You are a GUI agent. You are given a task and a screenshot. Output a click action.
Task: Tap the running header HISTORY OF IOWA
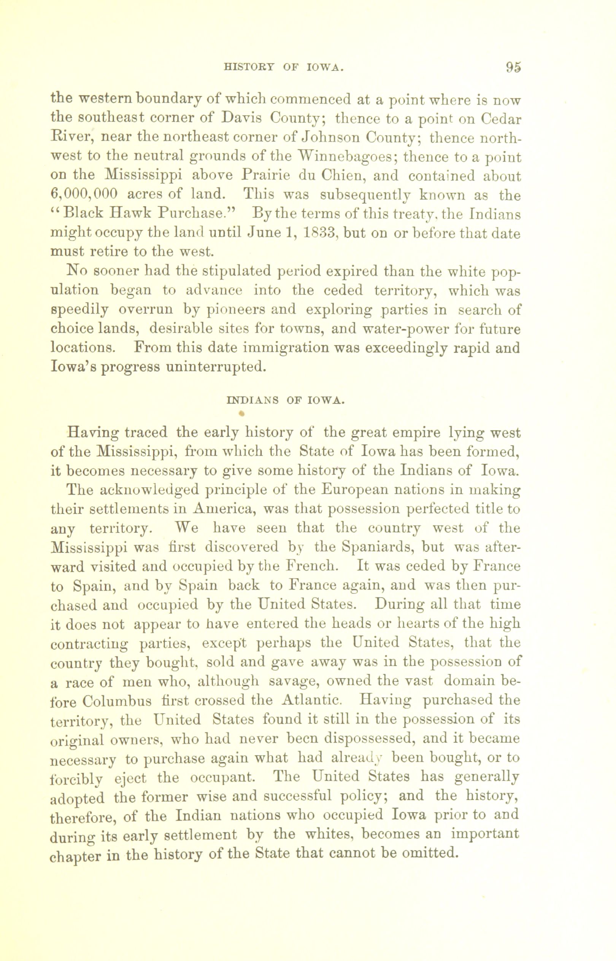(284, 68)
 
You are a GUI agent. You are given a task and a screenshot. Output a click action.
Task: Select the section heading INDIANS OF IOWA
(284, 400)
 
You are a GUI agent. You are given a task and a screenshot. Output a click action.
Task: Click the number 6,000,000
(84, 195)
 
